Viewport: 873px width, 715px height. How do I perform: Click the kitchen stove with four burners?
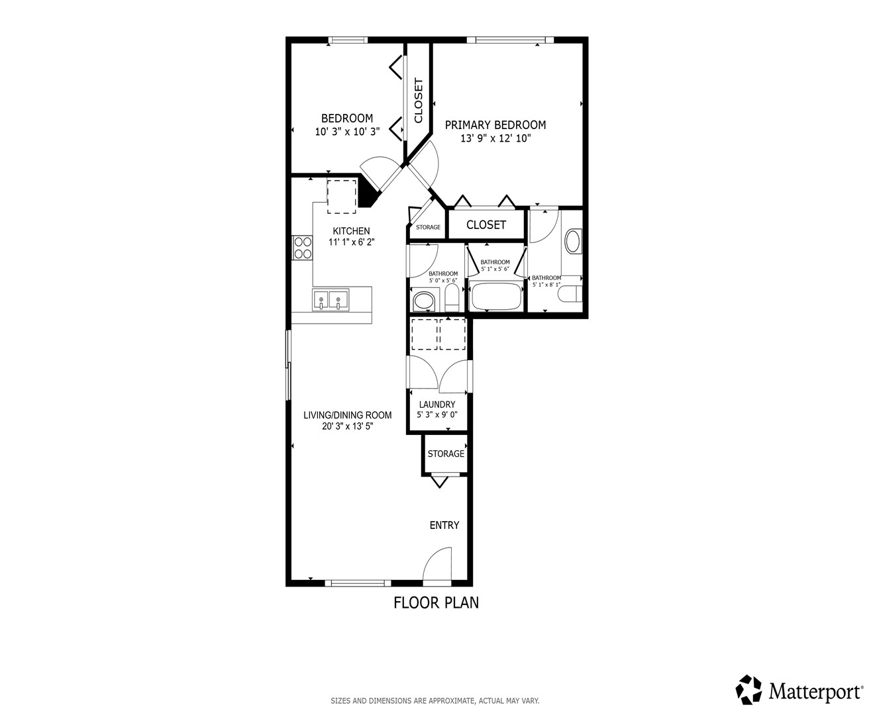tap(302, 248)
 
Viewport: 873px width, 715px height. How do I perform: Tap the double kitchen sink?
tap(330, 299)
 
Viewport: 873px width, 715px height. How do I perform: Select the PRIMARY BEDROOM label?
tap(495, 124)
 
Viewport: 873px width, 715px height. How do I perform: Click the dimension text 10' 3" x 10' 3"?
tap(347, 132)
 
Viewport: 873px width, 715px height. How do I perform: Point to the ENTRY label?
tap(444, 525)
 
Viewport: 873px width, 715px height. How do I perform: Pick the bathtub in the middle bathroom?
tap(496, 296)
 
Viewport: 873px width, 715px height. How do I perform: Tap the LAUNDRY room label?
tap(436, 405)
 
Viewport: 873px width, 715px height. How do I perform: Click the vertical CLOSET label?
tap(418, 101)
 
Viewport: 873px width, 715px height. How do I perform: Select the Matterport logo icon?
tap(748, 689)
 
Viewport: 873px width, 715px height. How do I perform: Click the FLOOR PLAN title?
tap(436, 603)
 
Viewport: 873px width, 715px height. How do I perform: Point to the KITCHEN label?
tap(351, 231)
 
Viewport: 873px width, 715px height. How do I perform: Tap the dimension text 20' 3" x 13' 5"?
tap(347, 426)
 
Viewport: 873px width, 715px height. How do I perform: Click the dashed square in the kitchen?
tap(342, 197)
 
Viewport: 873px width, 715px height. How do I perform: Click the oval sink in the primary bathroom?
tap(574, 241)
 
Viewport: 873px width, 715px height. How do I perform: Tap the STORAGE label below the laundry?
tap(446, 453)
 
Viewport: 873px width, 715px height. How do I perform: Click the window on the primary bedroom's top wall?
tap(511, 40)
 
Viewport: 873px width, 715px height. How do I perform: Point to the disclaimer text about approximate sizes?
tap(435, 700)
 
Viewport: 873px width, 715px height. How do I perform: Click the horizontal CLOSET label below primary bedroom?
tap(486, 224)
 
